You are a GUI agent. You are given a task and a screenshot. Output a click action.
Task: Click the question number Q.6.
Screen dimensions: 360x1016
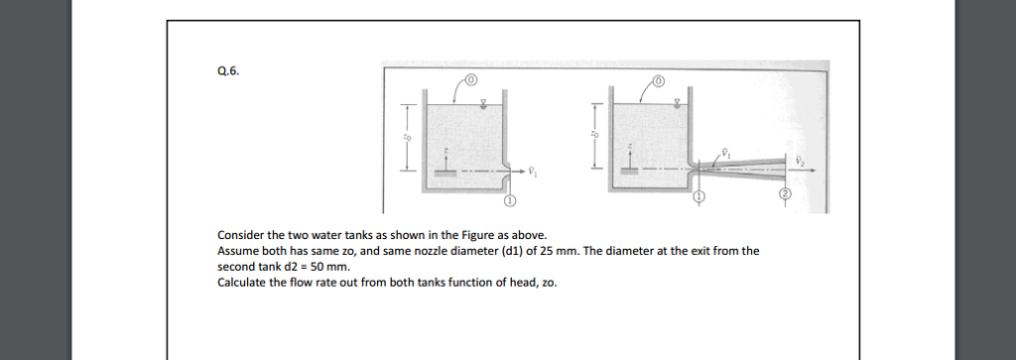(x=227, y=71)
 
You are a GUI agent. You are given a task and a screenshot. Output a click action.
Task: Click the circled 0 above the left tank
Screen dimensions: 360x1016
(x=471, y=78)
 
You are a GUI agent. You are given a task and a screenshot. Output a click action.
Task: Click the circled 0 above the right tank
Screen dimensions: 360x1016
(x=658, y=78)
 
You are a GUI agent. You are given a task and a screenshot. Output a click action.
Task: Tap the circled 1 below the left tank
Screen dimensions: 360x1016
(x=510, y=200)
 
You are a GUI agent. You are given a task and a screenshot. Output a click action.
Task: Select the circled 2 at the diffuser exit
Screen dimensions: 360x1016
(x=784, y=195)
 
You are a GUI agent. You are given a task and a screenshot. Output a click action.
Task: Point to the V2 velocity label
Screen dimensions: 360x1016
(x=800, y=158)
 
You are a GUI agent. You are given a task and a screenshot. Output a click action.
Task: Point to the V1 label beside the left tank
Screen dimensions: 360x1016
(x=533, y=171)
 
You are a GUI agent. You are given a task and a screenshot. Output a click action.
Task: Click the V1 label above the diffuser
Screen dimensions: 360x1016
(x=724, y=153)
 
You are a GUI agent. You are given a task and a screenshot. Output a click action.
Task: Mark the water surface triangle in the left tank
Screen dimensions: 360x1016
(x=483, y=101)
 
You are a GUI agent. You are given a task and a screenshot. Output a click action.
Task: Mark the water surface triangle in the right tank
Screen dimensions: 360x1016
(x=677, y=101)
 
